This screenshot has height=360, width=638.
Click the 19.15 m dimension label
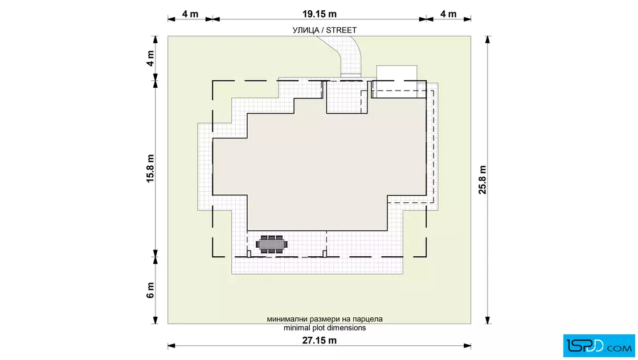320,14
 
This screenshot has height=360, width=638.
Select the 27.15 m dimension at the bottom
320,341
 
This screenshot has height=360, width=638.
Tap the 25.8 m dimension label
482,180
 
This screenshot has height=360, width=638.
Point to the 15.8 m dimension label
150,169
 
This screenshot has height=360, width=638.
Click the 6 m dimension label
150,290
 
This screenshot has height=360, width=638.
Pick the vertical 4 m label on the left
150,59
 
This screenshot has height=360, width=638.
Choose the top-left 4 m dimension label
190,14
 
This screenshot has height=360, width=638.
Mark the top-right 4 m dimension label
448,14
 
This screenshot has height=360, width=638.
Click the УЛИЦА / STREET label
324,30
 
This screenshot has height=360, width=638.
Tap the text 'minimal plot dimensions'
325,328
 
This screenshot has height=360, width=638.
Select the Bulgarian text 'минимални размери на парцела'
325,319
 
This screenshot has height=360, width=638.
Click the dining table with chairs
271,244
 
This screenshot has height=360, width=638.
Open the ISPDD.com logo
599,346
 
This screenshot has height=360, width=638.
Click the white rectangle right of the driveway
396,81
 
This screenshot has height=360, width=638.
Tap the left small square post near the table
248,254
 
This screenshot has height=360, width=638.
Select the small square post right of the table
325,254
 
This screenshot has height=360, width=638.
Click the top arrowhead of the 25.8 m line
488,39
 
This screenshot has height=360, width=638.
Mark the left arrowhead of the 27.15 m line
171,346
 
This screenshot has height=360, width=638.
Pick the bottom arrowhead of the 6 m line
155,320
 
